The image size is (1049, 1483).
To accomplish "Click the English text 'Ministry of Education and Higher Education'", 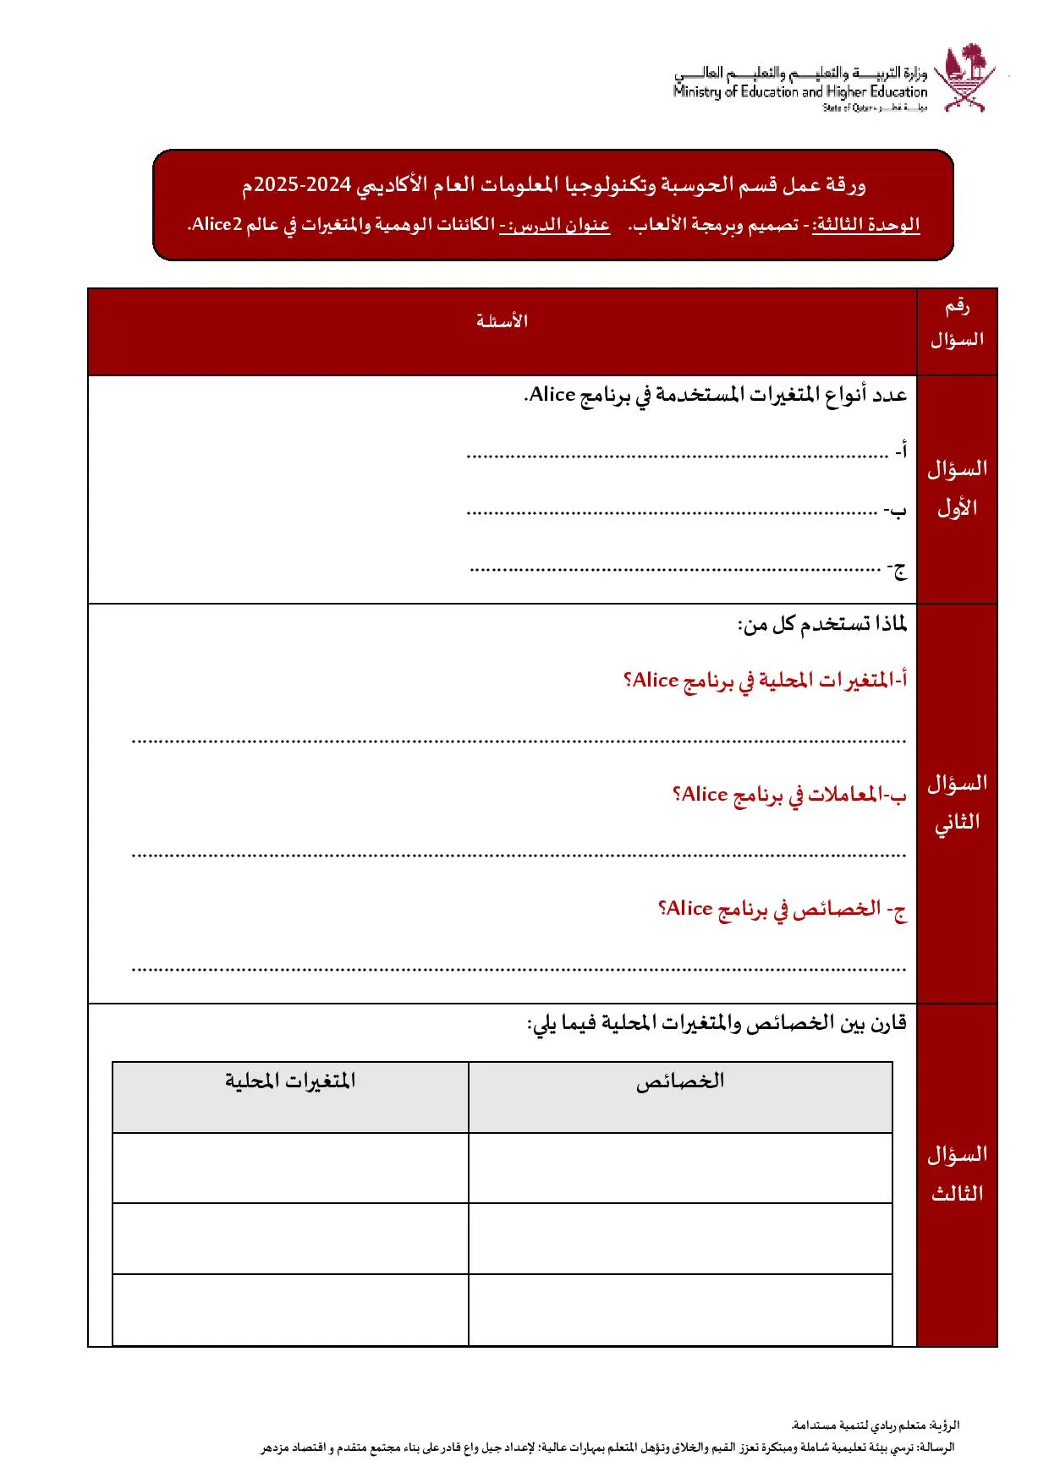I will point(800,92).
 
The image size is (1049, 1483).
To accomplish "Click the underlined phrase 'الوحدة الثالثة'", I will point(865,225).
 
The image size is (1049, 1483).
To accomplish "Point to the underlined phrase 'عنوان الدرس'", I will point(554,225).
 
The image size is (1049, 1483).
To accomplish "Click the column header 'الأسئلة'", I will point(502,321).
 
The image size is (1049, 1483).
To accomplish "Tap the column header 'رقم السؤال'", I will point(957,323).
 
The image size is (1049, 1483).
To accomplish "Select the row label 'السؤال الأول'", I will point(957,489).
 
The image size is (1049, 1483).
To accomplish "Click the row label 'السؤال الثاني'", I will point(957,802).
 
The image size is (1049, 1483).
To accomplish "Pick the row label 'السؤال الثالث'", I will point(957,1174).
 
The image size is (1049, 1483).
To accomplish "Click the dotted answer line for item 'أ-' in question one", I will point(677,456).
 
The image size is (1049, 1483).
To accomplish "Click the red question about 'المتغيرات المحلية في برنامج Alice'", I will point(766,681).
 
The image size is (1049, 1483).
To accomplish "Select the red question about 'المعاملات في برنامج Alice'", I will point(789,795).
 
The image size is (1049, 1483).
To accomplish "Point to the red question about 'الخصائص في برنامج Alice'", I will point(783,909).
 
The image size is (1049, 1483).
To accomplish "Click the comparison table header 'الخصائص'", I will point(680,1081).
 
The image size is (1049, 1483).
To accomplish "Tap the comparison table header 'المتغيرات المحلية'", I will point(290,1081).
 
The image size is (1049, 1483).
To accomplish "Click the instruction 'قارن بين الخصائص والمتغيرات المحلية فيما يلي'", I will point(717,1024).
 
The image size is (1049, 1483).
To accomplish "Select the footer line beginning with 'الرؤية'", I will point(875,1426).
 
